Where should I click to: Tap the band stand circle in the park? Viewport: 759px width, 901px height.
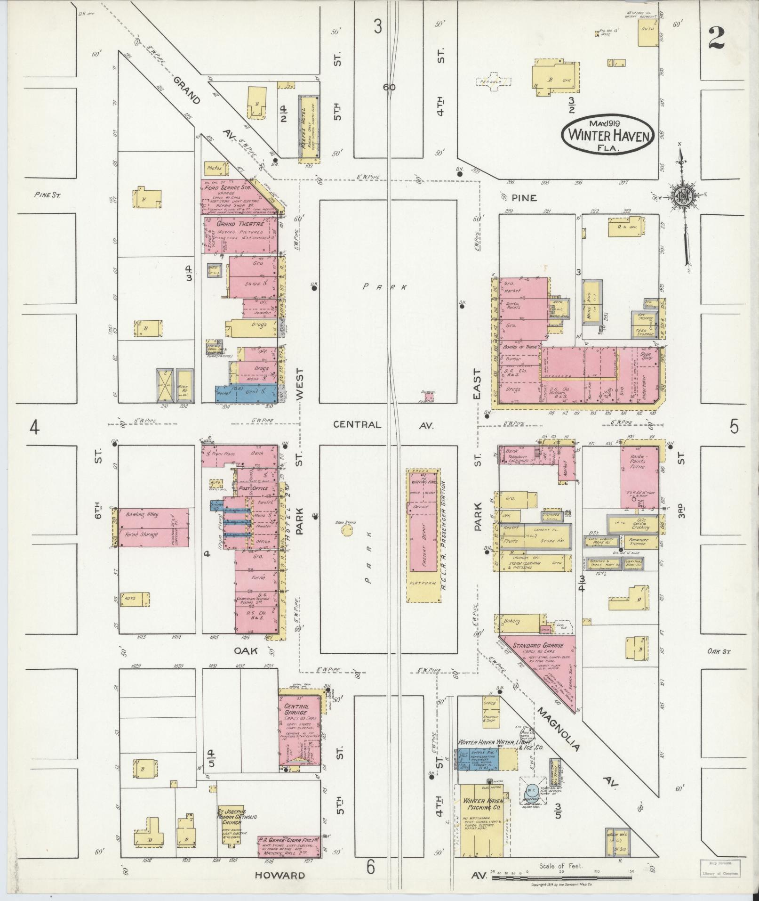[347, 531]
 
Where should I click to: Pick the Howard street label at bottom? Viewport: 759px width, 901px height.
[280, 876]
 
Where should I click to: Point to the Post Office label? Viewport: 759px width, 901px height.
[254, 488]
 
